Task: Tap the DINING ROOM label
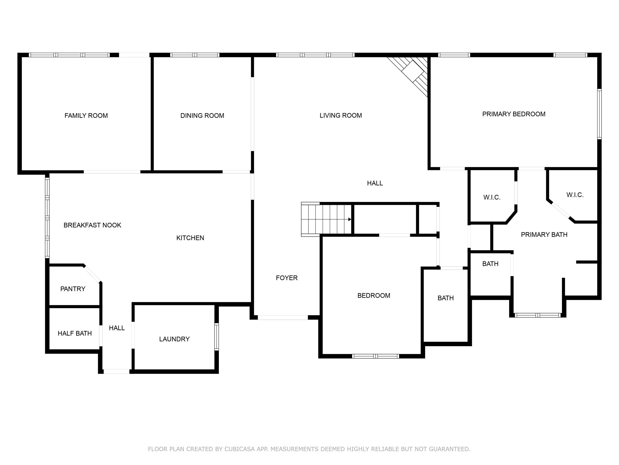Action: coord(202,115)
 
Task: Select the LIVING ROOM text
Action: coord(341,115)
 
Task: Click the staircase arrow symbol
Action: coord(350,219)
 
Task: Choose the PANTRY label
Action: coord(73,289)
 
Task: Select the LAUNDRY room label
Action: coord(174,339)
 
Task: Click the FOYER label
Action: coord(287,278)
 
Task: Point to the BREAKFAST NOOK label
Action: coord(92,225)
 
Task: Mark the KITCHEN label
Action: coord(190,238)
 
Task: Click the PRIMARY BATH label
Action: coord(544,235)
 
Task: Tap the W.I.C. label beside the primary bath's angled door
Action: coord(575,195)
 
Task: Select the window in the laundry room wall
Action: coord(216,337)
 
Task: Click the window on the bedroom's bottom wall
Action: coord(375,356)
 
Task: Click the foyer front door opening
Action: coord(283,317)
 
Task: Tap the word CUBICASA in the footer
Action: coord(239,449)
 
